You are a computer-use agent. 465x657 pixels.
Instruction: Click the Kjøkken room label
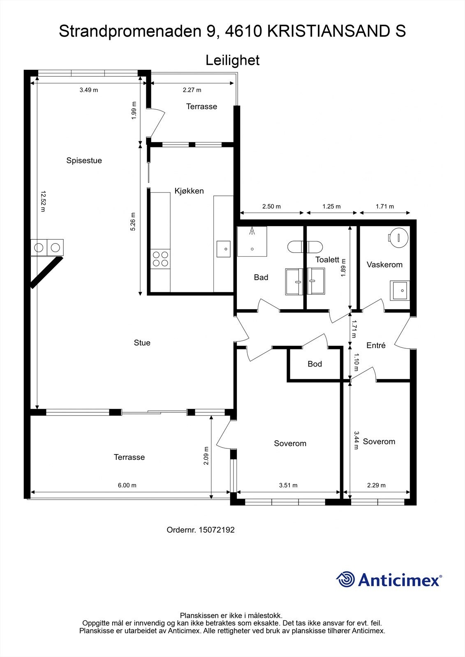coord(189,191)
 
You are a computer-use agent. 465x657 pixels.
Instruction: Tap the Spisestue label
coord(84,161)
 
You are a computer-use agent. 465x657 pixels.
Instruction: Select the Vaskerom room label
coord(384,264)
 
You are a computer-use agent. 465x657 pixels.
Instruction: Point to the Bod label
coord(315,364)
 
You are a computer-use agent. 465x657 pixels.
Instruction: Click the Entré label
coord(376,345)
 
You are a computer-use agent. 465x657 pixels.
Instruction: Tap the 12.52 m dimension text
coord(43,201)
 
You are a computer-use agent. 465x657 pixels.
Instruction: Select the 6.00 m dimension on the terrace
coord(127,485)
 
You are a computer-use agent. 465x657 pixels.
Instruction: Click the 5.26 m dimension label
coord(133,222)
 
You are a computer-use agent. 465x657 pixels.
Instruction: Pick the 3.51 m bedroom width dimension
coord(288,485)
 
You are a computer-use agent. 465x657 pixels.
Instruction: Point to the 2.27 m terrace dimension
coord(192,90)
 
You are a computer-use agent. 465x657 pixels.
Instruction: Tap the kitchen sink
coord(224,249)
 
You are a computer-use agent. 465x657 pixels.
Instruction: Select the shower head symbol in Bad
coord(252,231)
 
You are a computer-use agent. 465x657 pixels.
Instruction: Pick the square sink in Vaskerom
coord(400,290)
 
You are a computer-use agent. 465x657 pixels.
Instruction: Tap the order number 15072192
coord(217,530)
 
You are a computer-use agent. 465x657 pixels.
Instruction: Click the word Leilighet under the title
coord(232,60)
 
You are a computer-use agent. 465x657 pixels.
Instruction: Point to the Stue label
coord(142,342)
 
